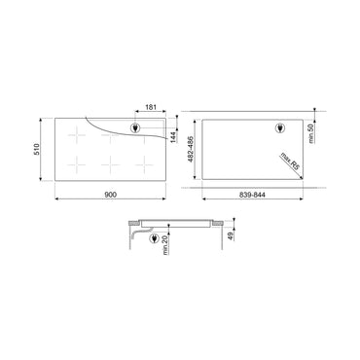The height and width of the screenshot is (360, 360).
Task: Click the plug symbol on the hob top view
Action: pyautogui.click(x=135, y=128)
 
